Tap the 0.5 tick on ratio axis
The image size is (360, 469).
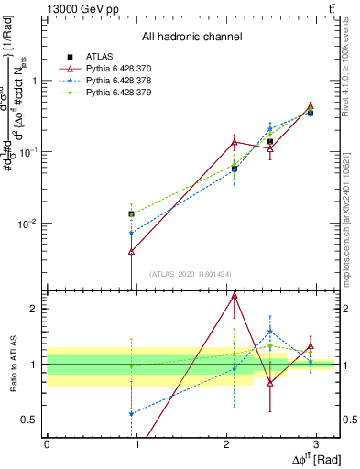tap(32, 420)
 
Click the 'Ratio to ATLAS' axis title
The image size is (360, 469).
tap(12, 364)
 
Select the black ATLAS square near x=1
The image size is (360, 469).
tap(132, 213)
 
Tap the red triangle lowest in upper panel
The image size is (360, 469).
tap(132, 251)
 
